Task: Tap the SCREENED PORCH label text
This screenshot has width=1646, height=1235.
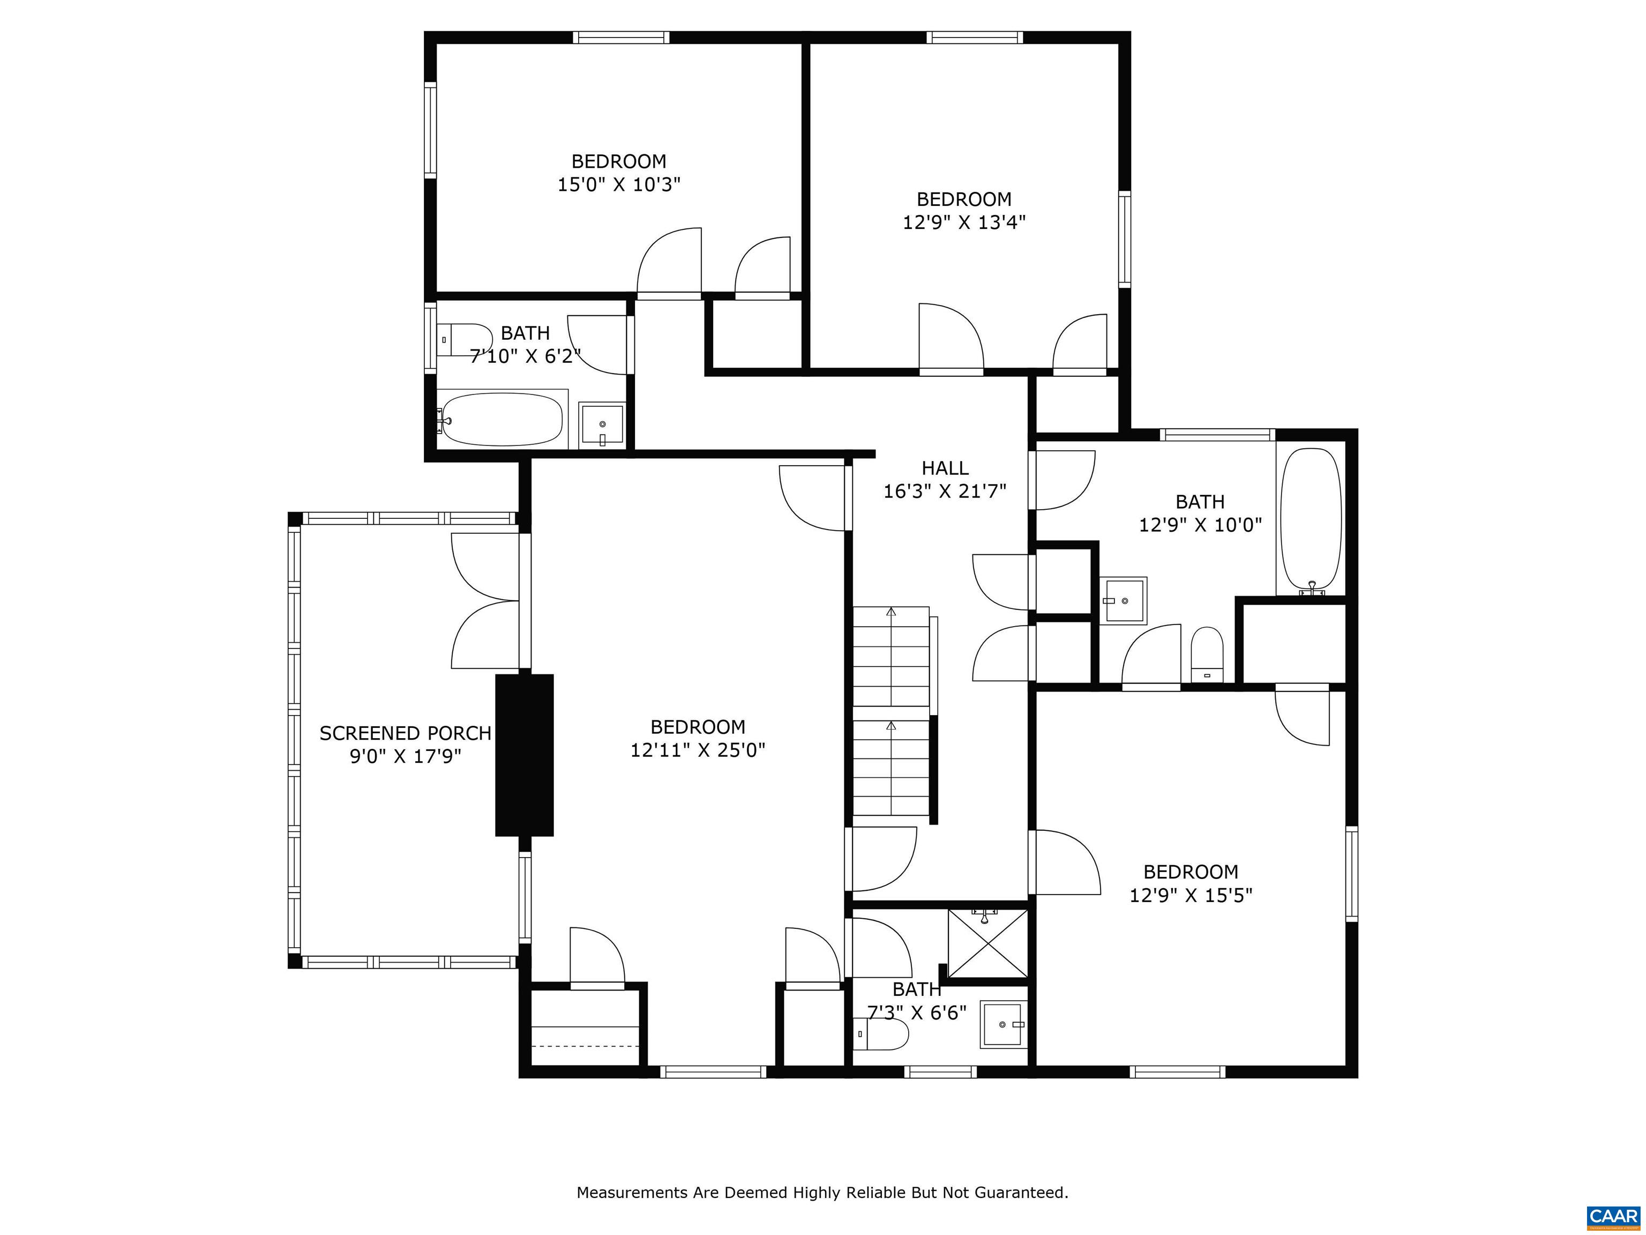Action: point(405,733)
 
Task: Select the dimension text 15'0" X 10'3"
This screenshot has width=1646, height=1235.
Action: point(619,184)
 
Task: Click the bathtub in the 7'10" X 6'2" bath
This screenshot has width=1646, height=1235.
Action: point(502,419)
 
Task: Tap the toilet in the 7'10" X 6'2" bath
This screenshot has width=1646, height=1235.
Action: point(463,339)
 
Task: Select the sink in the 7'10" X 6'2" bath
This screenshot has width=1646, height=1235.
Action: point(602,426)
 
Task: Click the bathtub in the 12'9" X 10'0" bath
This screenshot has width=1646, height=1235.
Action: point(1311,519)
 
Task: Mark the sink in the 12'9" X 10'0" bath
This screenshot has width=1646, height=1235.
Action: point(1124,600)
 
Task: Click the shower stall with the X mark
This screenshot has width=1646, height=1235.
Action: point(987,942)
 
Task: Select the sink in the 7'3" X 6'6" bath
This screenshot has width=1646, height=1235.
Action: point(1003,1025)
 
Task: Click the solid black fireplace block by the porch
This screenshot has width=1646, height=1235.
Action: point(525,755)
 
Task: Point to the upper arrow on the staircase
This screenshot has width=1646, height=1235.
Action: point(891,612)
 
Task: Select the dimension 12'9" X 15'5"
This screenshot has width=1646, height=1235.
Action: point(1191,895)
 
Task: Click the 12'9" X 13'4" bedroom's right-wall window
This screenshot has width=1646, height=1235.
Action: point(1124,239)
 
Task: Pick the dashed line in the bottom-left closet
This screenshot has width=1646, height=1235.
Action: point(586,1046)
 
